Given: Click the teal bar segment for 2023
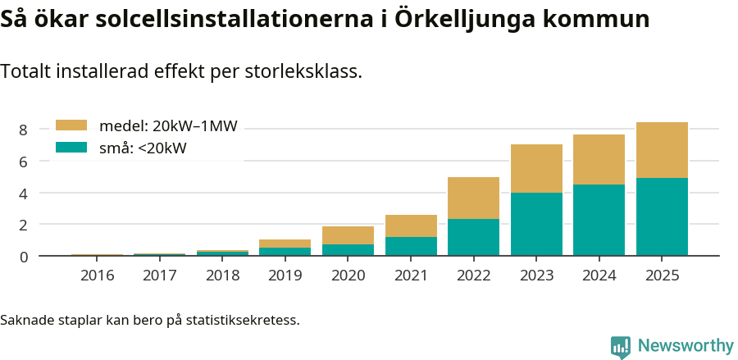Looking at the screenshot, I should point(536,224).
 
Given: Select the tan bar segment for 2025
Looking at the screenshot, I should point(662,150).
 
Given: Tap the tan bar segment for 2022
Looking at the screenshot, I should point(473,198).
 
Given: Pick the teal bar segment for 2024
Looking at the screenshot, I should point(599,220).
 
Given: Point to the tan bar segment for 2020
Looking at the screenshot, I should point(348,235).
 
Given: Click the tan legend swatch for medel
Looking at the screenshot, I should point(71,125).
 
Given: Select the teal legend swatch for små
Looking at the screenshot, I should point(71,148).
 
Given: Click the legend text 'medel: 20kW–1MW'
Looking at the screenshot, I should point(168,126).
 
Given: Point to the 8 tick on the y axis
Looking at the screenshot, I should point(24,130).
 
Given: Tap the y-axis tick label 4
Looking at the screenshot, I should point(24,194).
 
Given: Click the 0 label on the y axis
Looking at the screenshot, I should point(24,257).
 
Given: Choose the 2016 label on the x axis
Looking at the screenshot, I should point(97,276).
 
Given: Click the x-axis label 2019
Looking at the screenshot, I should point(285,276).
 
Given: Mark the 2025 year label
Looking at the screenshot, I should point(662,276).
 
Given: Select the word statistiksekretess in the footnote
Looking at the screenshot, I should point(242,319).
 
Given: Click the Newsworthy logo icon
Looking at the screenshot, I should point(621,346).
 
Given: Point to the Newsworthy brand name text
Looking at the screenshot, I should point(686,346).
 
